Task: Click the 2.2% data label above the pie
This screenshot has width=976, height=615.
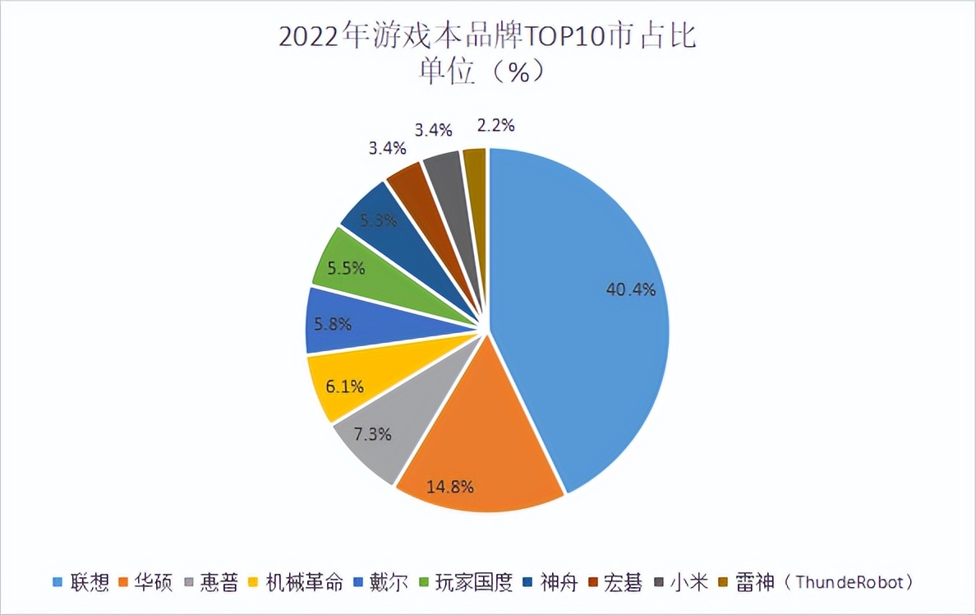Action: pos(495,126)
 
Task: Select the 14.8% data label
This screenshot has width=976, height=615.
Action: pos(449,486)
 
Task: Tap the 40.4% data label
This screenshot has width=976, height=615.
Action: pos(630,289)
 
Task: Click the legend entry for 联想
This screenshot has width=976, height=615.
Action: pos(89,583)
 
